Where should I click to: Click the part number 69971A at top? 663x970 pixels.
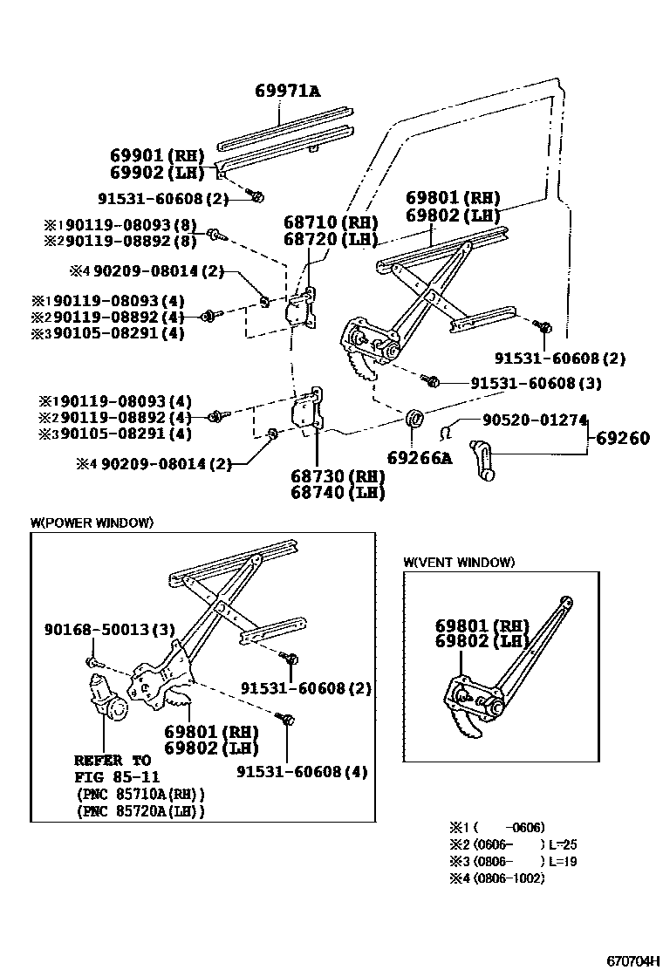click(287, 91)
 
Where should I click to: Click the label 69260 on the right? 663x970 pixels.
click(623, 438)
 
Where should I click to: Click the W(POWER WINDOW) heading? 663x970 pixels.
click(92, 523)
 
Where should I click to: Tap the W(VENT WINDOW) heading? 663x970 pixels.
click(459, 563)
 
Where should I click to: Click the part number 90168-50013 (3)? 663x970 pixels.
click(110, 629)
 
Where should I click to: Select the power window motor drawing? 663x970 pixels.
click(105, 697)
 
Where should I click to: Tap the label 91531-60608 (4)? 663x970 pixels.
click(302, 771)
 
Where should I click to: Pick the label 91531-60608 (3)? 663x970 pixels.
click(536, 382)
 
